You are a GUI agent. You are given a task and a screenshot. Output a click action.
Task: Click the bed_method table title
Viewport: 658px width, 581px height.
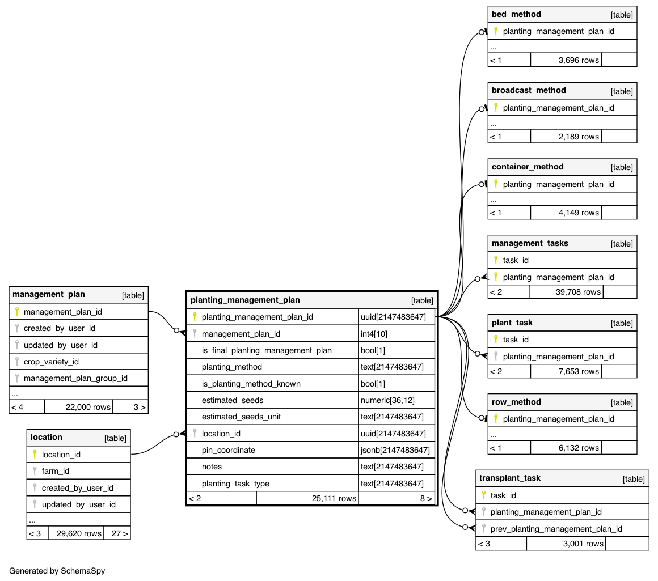pos(516,14)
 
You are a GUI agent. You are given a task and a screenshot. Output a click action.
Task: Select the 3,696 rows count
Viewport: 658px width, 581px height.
pos(578,60)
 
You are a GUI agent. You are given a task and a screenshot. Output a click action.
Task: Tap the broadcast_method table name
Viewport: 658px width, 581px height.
pos(529,90)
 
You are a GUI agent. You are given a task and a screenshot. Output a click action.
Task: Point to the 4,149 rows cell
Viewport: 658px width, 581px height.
pos(578,213)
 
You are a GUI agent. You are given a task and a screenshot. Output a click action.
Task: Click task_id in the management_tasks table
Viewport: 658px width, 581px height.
pos(516,260)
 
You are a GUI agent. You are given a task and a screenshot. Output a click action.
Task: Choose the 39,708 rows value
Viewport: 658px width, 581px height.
pos(579,292)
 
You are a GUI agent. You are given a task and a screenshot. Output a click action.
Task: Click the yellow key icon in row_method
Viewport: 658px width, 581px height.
pos(496,419)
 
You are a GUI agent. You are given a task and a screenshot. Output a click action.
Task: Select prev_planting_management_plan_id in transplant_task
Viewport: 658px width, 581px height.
pos(556,529)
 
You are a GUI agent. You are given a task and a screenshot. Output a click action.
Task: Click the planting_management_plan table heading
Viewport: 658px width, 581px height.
pos(245,300)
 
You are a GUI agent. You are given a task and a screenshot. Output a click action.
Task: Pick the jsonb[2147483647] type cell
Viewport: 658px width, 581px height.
pos(395,450)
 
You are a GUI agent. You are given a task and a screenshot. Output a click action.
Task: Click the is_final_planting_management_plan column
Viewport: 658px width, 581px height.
pos(267,350)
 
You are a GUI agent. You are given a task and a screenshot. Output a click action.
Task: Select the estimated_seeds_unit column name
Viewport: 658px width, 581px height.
pos(241,417)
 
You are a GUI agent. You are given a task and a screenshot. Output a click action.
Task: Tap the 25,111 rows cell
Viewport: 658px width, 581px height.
pos(334,498)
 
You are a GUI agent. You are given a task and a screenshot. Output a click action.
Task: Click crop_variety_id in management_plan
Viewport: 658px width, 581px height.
pos(51,362)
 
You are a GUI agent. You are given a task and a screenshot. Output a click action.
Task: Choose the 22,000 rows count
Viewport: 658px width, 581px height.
pos(88,407)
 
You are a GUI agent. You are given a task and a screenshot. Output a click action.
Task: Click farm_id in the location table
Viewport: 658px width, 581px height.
pos(56,470)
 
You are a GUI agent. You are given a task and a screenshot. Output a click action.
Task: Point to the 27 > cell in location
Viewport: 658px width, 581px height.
pos(117,533)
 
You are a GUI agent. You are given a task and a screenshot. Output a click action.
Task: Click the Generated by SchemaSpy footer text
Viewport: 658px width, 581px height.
pos(57,571)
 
